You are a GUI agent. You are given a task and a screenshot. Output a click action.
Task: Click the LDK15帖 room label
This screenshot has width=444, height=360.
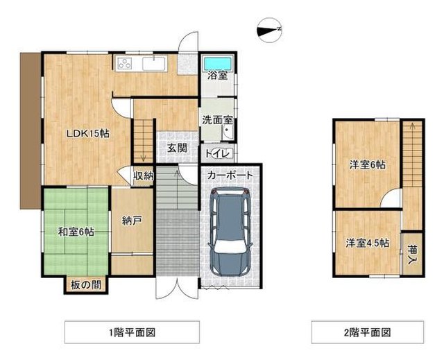[88, 134]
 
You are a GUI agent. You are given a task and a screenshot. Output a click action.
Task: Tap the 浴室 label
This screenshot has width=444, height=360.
[217, 75]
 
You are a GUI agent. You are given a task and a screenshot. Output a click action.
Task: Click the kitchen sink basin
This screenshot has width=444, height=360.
[154, 63]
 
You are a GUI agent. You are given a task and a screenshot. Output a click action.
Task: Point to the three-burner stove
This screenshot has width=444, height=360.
[125, 63]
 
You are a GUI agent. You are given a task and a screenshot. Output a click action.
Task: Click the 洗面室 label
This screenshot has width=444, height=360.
[217, 120]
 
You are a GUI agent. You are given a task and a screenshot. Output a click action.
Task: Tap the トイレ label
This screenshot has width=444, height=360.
[216, 154]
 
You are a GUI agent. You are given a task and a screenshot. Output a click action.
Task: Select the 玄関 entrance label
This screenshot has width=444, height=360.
[177, 148]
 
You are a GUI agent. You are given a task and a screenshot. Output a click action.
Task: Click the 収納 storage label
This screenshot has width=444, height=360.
[144, 176]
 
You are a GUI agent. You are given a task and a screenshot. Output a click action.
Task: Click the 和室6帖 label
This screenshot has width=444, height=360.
[76, 232]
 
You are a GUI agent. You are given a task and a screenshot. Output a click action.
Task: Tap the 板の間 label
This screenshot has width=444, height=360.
[86, 285]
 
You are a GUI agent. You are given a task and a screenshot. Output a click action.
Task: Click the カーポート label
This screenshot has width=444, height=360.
[230, 175]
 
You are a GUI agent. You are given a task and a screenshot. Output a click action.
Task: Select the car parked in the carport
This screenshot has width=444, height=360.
[230, 232]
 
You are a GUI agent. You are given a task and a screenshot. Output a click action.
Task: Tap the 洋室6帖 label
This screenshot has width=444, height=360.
[367, 164]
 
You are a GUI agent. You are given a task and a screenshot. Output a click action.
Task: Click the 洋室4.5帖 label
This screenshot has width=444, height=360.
[367, 243]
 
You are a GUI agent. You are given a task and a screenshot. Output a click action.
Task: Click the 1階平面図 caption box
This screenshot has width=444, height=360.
[132, 332]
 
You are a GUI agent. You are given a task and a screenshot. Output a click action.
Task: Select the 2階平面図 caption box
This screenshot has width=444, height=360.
[368, 332]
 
